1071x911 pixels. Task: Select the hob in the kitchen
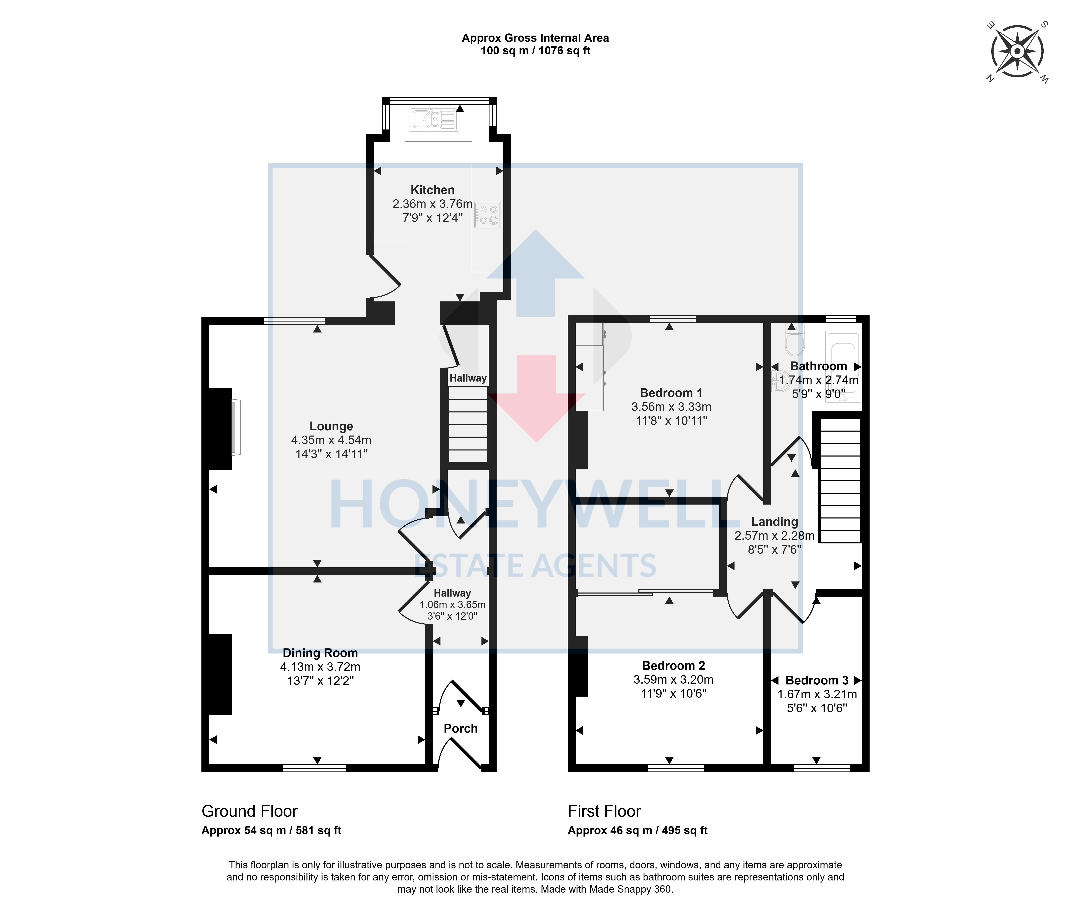click(x=487, y=215)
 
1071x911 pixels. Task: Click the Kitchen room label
click(x=432, y=190)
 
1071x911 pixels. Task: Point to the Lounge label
click(x=331, y=426)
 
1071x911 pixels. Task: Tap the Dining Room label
click(x=320, y=653)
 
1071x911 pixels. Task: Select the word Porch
click(x=461, y=728)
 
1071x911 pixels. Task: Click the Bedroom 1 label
click(x=671, y=393)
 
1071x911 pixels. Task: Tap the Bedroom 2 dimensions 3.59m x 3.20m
click(x=673, y=680)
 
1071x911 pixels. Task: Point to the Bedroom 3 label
click(x=817, y=681)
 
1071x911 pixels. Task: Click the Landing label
click(x=775, y=522)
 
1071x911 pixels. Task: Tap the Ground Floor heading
click(x=249, y=811)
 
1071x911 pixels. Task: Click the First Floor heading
click(x=604, y=811)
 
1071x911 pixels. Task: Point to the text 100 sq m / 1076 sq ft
click(x=535, y=51)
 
